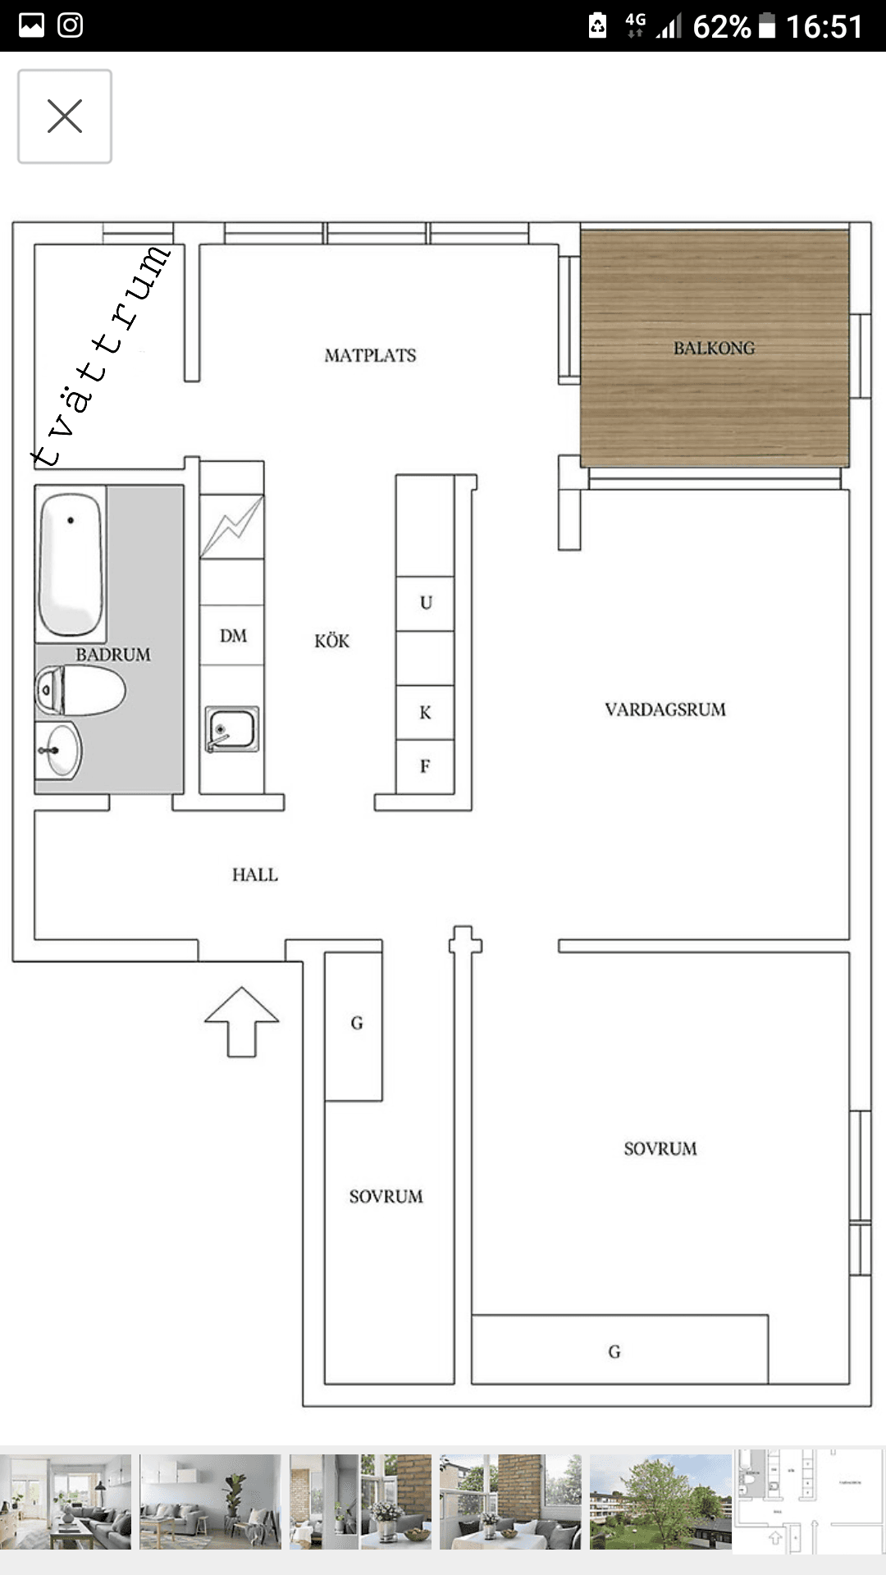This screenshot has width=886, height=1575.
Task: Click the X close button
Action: point(65,116)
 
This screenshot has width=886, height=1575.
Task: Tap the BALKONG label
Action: point(714,348)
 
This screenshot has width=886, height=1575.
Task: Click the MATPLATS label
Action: point(370,355)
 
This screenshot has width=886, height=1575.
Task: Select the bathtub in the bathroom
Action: point(71,564)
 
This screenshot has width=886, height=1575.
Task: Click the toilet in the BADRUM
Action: point(80,690)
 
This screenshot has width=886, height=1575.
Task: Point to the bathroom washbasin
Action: point(59,750)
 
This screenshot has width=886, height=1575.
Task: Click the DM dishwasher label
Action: point(233,636)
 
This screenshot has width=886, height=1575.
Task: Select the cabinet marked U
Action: point(425,604)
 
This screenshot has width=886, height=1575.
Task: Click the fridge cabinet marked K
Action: point(425,712)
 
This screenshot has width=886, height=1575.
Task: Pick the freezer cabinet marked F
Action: point(425,767)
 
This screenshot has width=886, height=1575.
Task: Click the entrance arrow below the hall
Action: point(242,1021)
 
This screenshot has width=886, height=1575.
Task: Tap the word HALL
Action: point(254,874)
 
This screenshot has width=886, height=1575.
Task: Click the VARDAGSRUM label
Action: point(665,710)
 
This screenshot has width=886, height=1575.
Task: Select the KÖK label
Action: point(331,641)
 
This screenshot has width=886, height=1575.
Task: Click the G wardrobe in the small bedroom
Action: point(354,1026)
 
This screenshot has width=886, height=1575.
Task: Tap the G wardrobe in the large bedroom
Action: point(620,1349)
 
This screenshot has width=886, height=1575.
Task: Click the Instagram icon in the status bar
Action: point(71,25)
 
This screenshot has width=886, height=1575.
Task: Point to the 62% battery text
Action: point(722,27)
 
